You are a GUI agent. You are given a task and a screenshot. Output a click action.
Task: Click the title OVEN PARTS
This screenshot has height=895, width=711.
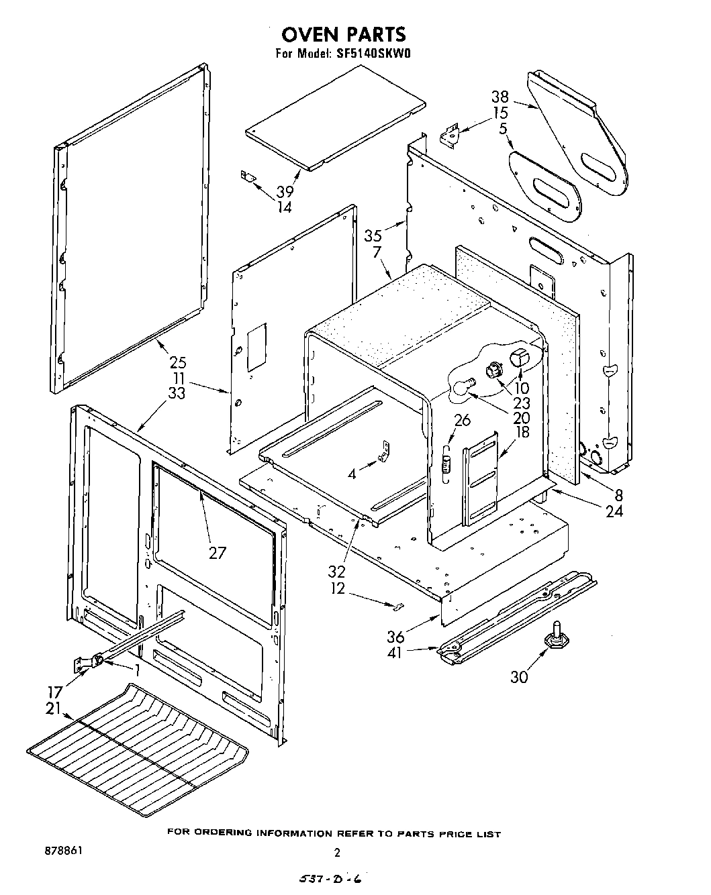coord(343,34)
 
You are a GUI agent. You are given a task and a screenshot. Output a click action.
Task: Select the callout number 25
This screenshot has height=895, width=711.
coord(178,363)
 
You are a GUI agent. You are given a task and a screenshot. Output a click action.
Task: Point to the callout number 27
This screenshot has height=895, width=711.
coord(217,553)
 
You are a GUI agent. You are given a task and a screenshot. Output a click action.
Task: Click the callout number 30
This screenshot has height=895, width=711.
coord(519,677)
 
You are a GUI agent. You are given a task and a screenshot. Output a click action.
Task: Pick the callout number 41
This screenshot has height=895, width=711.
coord(395,651)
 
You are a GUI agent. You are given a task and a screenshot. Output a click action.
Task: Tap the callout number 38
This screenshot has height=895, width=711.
coord(500,97)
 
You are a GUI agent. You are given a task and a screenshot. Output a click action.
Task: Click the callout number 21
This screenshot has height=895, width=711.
coord(54,708)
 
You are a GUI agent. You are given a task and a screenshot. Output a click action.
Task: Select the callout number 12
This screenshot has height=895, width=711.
coord(338,588)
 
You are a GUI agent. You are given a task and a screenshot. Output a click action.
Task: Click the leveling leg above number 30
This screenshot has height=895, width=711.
coord(557,635)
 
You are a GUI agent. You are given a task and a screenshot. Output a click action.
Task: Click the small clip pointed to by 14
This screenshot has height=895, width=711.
coord(248,176)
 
